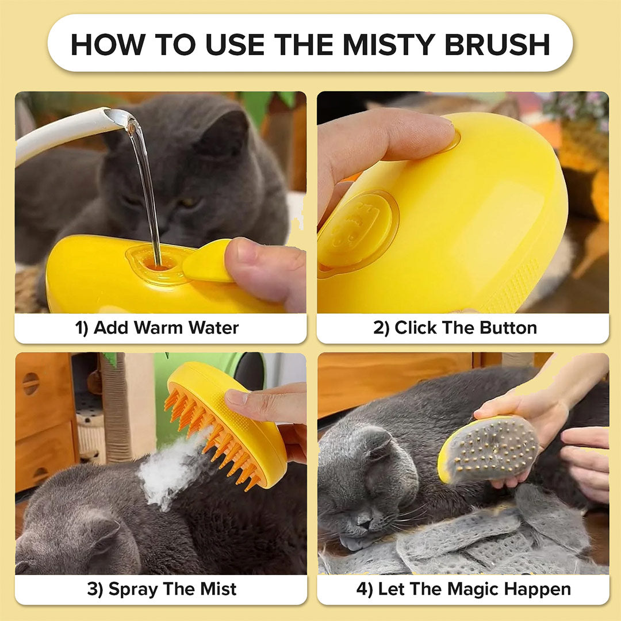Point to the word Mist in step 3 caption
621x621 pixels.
point(218,589)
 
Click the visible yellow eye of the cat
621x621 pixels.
point(187,202)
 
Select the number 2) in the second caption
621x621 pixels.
point(381,328)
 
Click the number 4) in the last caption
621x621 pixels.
point(365,589)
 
